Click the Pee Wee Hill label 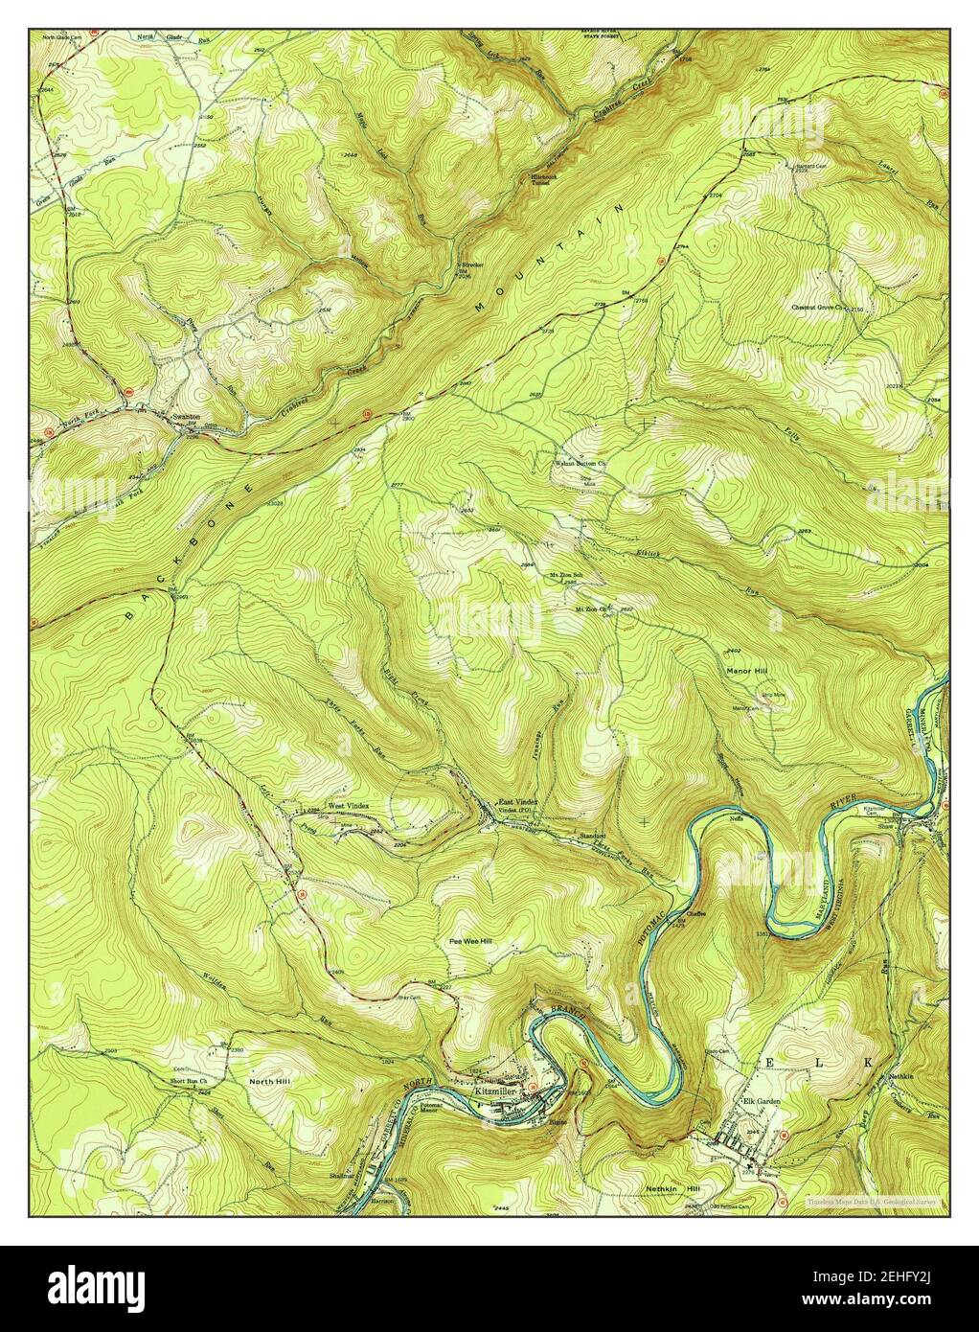(x=469, y=941)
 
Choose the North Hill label (x=269, y=1081)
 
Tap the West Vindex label (x=348, y=806)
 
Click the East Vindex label (x=517, y=801)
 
